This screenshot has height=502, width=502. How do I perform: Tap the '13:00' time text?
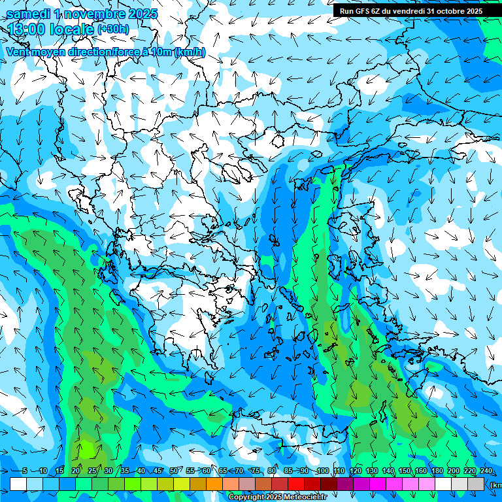pos(25,29)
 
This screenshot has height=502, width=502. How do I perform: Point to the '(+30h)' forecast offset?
pos(113,29)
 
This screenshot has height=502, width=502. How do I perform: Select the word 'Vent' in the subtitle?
pos(18,52)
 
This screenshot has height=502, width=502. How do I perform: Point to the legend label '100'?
pos(323,471)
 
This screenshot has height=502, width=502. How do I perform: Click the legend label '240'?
pos(486,471)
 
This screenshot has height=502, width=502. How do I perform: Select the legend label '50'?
pos(174,471)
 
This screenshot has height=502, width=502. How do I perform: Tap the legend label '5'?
pos(25,471)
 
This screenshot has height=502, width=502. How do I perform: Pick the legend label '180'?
pos(437,471)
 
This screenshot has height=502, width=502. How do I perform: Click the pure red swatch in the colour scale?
pos(296,484)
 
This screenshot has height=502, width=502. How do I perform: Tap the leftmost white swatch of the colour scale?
pos(18,484)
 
